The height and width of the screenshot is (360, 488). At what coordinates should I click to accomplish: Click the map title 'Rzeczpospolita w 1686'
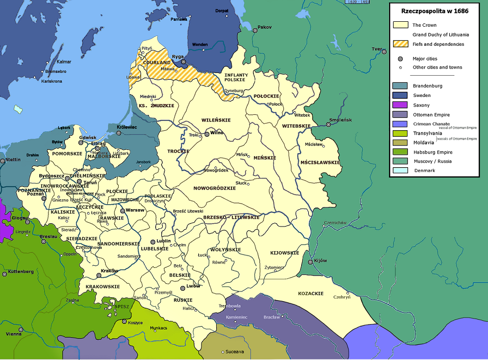tap(435, 11)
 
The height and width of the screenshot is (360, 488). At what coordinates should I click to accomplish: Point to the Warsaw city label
tap(135, 210)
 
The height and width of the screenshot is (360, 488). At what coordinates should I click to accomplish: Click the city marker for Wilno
tap(207, 133)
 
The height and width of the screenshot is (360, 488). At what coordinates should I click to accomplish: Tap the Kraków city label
tap(109, 271)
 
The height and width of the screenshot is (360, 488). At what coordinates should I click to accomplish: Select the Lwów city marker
tap(184, 286)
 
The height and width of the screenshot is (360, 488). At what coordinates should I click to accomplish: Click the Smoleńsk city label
tap(340, 120)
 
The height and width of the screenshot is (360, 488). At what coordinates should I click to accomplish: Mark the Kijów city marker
tap(310, 262)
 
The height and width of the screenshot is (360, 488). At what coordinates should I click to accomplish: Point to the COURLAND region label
tap(157, 63)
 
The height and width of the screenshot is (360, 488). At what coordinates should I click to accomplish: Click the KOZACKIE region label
tap(310, 294)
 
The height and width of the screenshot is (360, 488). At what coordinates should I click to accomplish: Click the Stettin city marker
tap(3, 161)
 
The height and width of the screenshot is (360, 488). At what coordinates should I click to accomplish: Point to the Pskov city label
tap(264, 27)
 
